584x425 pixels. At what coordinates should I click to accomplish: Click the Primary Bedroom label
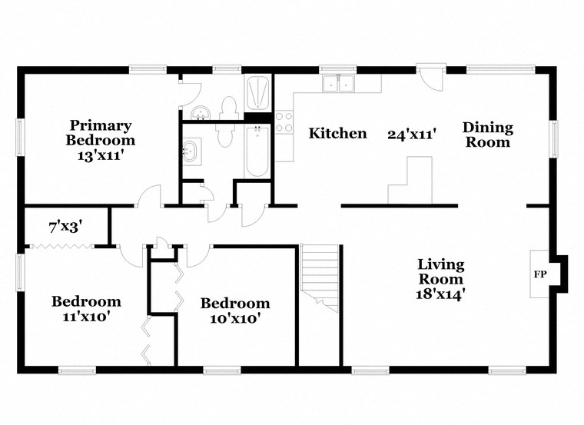pyautogui.click(x=100, y=132)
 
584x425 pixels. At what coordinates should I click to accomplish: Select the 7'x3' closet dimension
pyautogui.click(x=65, y=227)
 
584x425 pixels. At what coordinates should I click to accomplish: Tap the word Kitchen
pyautogui.click(x=337, y=134)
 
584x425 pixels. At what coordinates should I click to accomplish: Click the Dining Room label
pyautogui.click(x=488, y=134)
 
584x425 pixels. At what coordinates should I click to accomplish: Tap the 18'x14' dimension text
pyautogui.click(x=440, y=293)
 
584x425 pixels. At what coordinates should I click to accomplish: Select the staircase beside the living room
pyautogui.click(x=320, y=277)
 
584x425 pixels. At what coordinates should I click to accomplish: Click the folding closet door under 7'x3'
pyautogui.click(x=61, y=247)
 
